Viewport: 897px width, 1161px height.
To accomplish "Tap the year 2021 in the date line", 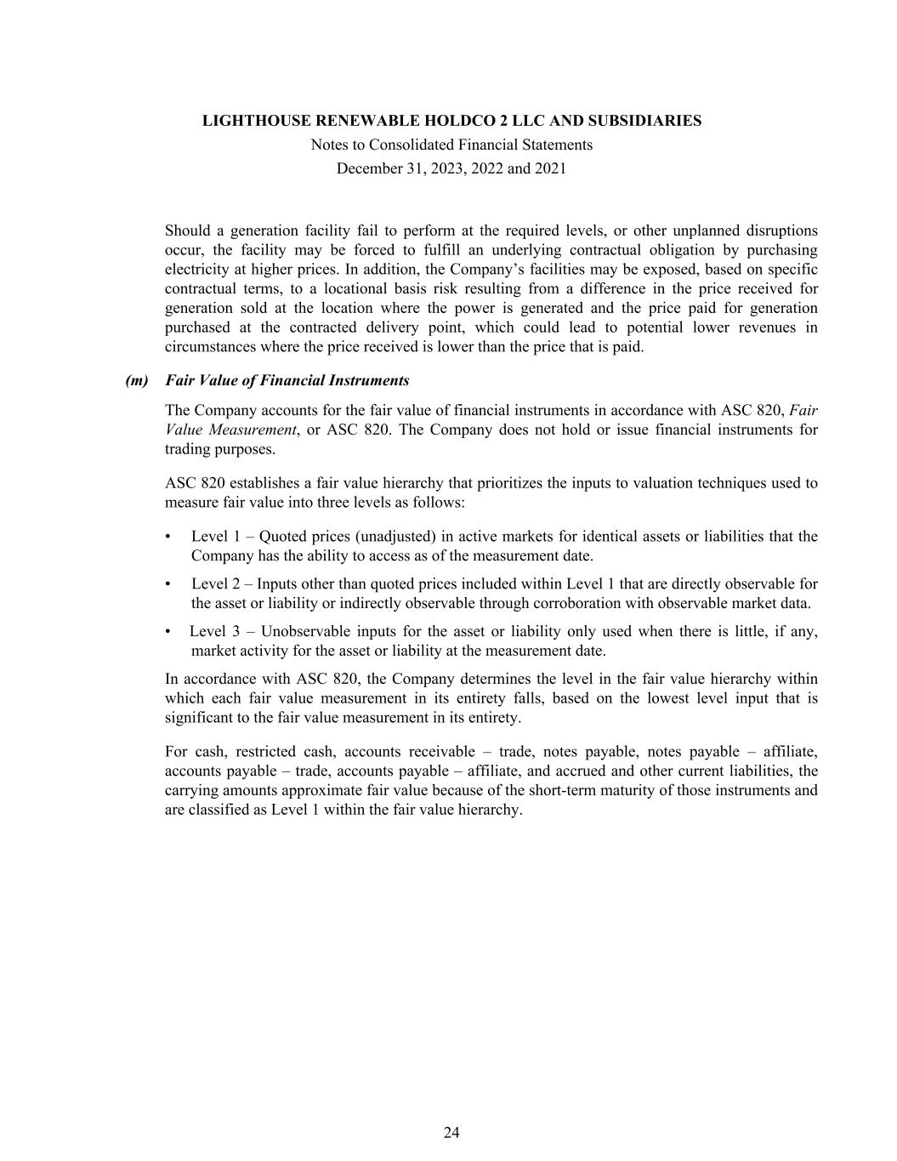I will [550, 168].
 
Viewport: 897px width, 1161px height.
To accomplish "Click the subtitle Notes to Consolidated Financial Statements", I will [451, 145].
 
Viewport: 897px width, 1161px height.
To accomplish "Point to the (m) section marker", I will [137, 380].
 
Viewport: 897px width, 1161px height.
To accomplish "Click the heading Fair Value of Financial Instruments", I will [287, 380].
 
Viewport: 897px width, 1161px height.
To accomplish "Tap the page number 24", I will [451, 1132].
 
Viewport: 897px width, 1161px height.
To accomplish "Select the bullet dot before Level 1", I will [168, 537].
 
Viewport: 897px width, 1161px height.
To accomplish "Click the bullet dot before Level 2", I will [168, 584].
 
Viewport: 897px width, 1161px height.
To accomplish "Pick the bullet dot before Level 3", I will [168, 632].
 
